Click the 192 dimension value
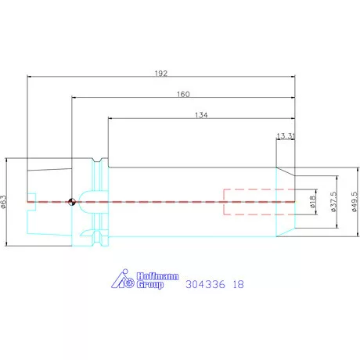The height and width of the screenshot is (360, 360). coord(161,74)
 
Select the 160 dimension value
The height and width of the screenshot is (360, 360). coord(183,94)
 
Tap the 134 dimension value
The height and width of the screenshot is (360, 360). coord(201,115)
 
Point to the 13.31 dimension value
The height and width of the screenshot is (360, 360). coord(286,136)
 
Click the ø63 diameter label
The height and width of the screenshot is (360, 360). coord(4,202)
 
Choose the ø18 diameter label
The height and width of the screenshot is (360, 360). coord(313,202)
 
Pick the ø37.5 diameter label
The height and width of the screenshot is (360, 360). coord(333,202)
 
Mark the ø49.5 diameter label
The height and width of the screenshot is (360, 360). coord(355,202)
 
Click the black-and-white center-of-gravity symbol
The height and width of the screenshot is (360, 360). coord(72,202)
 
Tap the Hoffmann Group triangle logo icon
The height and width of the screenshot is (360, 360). coord(123,279)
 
